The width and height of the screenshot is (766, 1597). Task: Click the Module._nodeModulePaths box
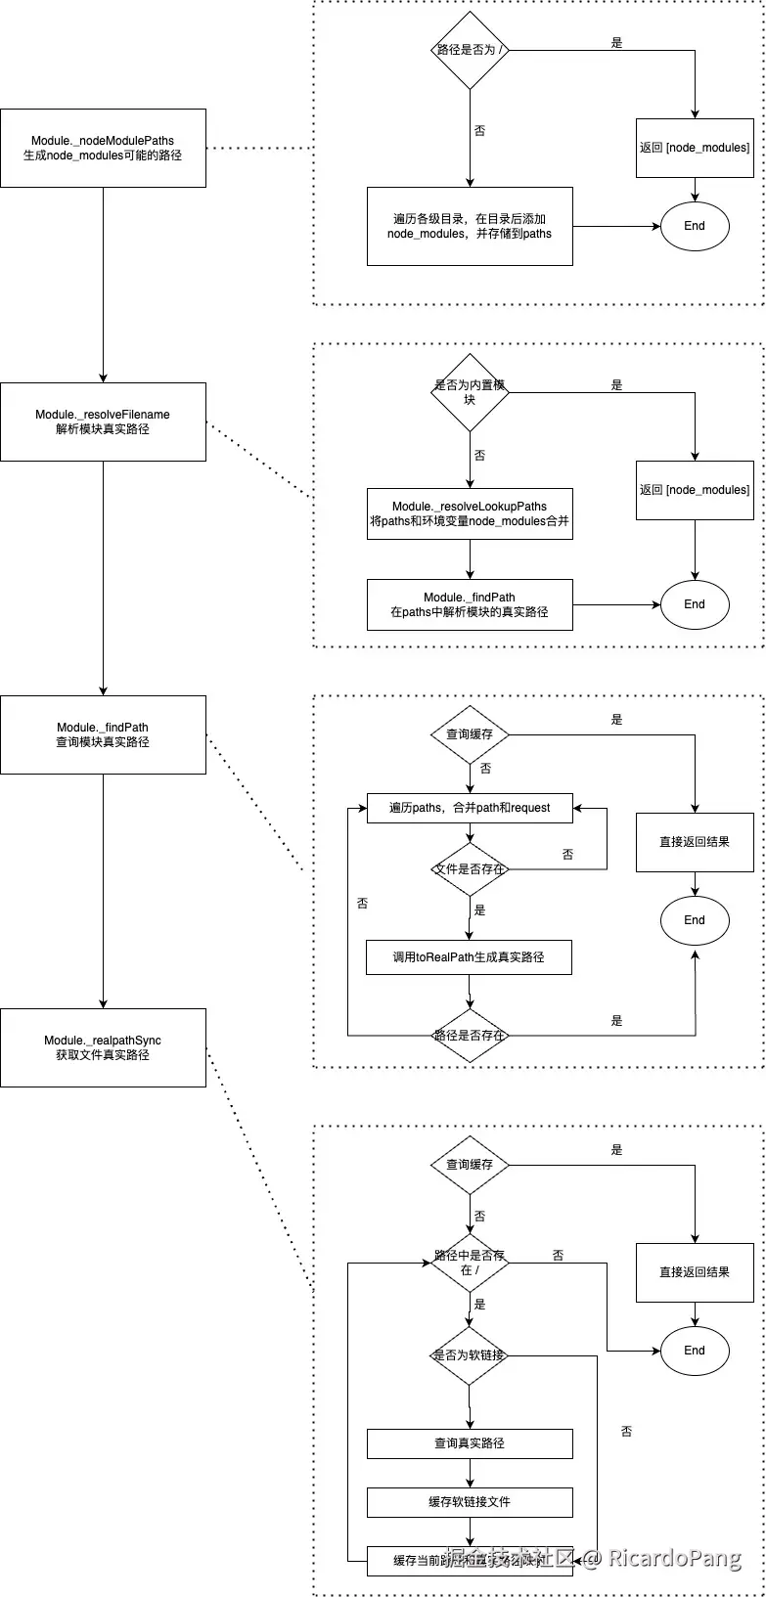click(x=103, y=148)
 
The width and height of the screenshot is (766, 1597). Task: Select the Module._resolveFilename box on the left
click(x=103, y=421)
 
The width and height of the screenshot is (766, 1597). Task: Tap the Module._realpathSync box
click(x=103, y=1047)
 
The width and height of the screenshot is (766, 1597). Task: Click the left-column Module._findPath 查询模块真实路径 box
click(x=103, y=734)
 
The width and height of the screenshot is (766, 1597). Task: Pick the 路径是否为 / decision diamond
click(x=471, y=50)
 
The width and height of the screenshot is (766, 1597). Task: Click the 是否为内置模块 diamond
click(x=471, y=392)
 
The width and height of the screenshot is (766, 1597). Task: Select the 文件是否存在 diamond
click(x=471, y=868)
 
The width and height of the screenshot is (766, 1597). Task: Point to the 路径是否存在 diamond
click(x=471, y=1035)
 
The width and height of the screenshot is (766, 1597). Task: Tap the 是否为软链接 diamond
click(x=471, y=1355)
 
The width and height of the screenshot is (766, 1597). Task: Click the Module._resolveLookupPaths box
click(x=470, y=513)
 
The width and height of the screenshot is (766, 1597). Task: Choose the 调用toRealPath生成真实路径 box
click(x=470, y=957)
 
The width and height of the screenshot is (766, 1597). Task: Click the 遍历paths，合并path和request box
click(x=470, y=808)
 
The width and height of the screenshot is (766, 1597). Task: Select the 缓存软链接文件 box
click(x=470, y=1502)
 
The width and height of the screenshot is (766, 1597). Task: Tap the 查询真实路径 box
click(x=470, y=1443)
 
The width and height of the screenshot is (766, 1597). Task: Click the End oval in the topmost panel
click(x=695, y=226)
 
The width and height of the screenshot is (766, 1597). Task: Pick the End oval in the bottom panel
click(x=695, y=1351)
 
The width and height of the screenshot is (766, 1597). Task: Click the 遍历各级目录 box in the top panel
click(x=470, y=226)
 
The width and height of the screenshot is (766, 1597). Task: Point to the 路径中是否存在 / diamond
click(x=471, y=1263)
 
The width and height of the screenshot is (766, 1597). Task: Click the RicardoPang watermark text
click(x=675, y=1558)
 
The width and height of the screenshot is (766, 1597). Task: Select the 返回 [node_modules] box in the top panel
click(x=695, y=148)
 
